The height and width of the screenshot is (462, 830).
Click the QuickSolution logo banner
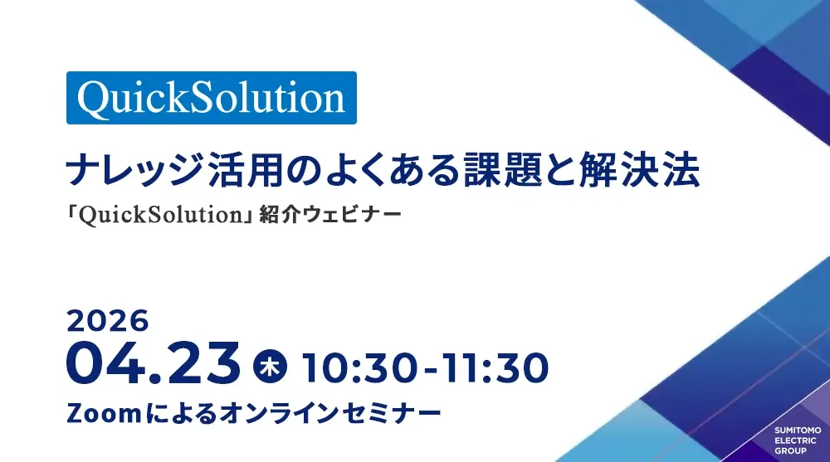tap(211, 98)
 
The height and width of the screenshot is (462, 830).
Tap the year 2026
tap(108, 321)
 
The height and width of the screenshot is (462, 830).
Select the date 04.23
tap(154, 363)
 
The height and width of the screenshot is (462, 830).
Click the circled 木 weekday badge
tap(270, 367)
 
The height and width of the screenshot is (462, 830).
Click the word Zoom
tap(104, 413)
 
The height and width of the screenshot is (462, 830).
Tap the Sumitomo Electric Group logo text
tap(798, 440)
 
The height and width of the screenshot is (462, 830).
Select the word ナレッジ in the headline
tap(134, 170)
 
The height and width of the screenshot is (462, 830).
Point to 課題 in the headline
tap(502, 170)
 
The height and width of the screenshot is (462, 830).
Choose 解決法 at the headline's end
tap(639, 170)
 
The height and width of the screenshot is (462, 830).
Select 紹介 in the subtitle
tap(280, 215)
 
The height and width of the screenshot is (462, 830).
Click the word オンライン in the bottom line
tap(280, 413)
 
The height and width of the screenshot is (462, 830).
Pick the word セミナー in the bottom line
tap(391, 413)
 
